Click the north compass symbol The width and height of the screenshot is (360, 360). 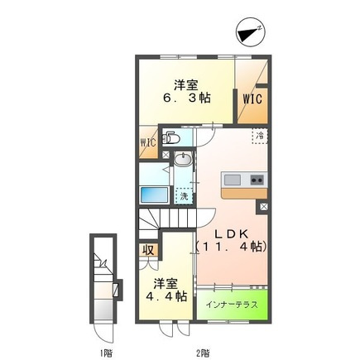click(251, 32)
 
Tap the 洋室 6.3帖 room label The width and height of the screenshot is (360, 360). click(186, 91)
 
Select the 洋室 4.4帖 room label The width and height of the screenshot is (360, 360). click(166, 290)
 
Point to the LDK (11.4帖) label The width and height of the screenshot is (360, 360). click(232, 241)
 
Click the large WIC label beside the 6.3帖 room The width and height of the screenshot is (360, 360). click(252, 99)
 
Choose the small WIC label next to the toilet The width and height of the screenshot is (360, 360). click(148, 143)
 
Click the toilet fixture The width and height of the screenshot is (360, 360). click(170, 138)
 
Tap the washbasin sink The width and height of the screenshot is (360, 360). click(182, 159)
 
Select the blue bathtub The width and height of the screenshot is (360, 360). click(155, 195)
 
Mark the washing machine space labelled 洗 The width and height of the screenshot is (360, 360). click(184, 196)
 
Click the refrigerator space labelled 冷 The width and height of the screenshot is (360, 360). click(260, 136)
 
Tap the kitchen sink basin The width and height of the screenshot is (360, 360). click(232, 180)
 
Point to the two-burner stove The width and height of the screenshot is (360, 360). click(257, 180)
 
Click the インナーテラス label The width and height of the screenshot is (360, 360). click(232, 305)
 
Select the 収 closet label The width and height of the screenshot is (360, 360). click(148, 250)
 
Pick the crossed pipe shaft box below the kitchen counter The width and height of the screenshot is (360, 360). click(263, 207)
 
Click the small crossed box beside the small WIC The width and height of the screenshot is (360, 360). click(166, 155)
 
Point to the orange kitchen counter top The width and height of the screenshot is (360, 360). click(244, 194)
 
